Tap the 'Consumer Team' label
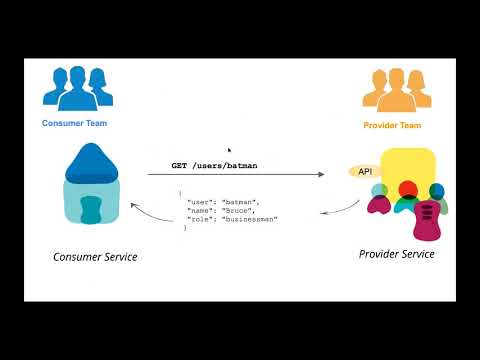74,123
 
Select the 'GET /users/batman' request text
210,165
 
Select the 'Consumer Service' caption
95,257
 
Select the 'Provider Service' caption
396,254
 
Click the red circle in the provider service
407,189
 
